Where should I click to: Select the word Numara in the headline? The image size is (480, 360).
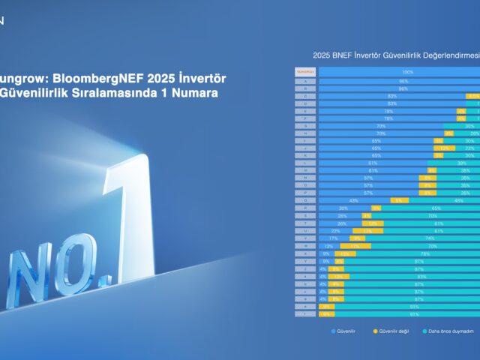[x=196, y=94]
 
